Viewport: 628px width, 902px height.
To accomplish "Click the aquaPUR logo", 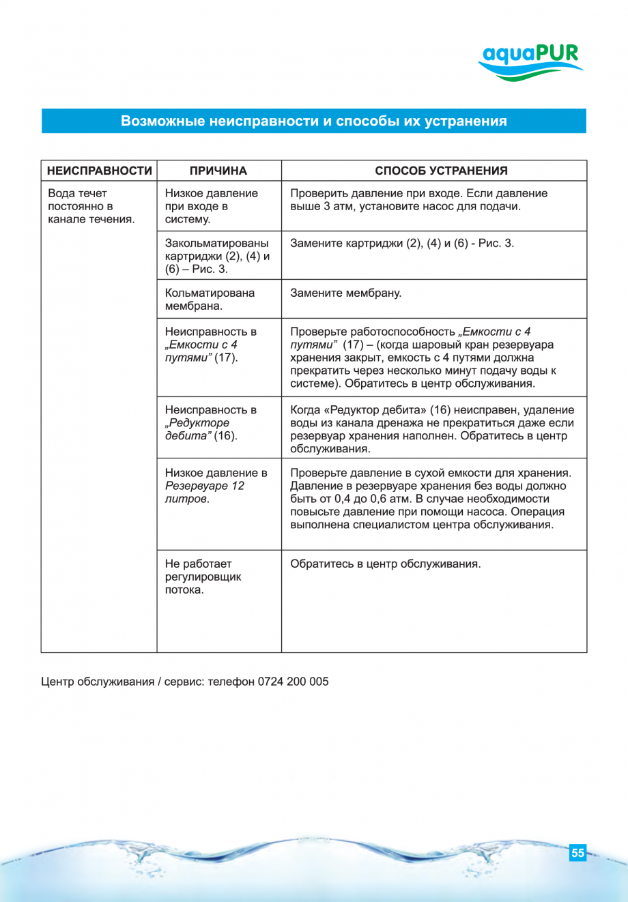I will coord(530,61).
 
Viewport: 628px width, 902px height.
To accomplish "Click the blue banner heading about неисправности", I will coord(313,121).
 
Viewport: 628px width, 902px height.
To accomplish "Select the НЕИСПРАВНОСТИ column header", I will coord(99,171).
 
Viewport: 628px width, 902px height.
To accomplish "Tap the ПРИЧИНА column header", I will coord(218,171).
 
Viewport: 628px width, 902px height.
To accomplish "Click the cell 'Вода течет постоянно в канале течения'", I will coord(91,206).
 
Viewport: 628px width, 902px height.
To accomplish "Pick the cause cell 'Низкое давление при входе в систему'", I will coord(212,206).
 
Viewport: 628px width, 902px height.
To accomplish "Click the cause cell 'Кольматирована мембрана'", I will coord(210,299).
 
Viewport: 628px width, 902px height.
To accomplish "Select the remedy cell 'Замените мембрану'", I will coord(346,293).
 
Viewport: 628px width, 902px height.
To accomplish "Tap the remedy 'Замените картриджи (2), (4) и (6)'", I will coord(402,244).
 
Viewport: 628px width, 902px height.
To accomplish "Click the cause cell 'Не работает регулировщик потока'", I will coord(203,577).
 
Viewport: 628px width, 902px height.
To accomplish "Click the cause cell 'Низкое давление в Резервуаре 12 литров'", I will coord(216,486).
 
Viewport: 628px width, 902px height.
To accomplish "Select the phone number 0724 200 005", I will coord(293,682).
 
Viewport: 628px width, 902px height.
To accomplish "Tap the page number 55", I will coord(577,853).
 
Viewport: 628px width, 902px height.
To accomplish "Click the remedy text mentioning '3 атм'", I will coord(418,200).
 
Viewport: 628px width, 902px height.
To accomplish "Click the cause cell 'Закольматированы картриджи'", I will coord(217,256).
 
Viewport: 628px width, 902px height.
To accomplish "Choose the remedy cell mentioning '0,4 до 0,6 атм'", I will coord(430,499).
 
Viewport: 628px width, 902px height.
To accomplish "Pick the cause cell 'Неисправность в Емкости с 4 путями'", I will coord(211,345).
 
